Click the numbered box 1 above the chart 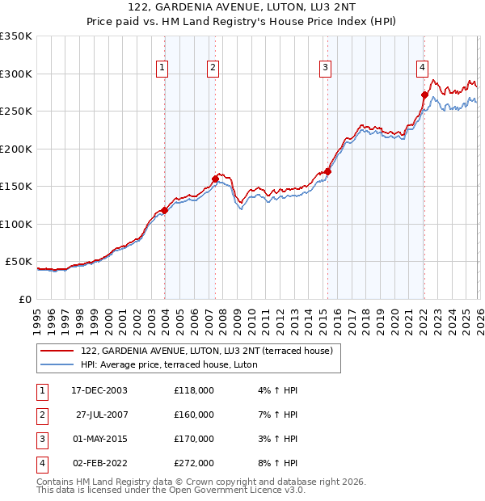coord(163,68)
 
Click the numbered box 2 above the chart coord(213,68)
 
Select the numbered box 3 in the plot coord(325,68)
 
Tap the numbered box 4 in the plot coord(422,68)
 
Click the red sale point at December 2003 coord(165,210)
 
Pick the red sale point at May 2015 coord(327,171)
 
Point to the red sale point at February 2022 coord(424,95)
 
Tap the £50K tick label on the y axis coord(19,262)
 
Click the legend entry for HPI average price coord(168,364)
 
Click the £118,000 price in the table coord(194,390)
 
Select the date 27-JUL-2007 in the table coord(102,415)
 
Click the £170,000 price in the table coord(194,439)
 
